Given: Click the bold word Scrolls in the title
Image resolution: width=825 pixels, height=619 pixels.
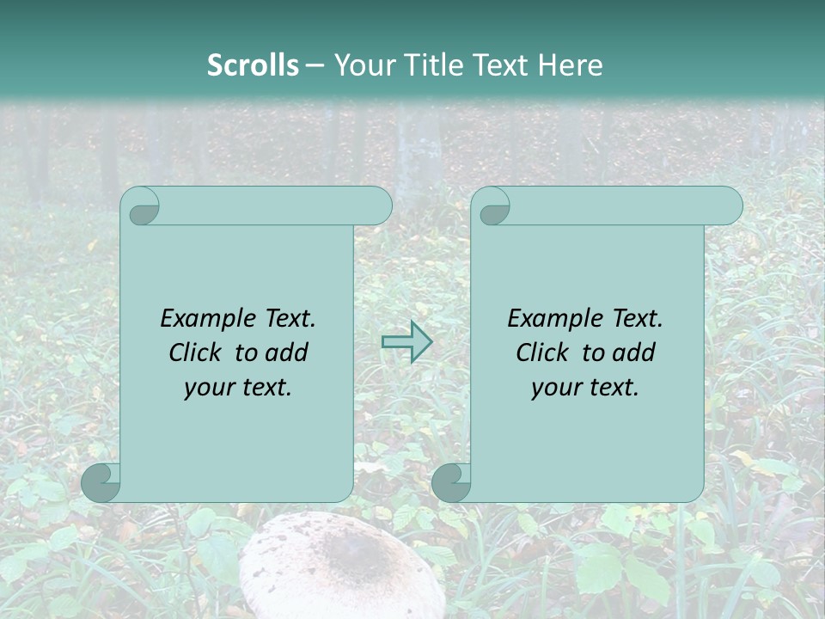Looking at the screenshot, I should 253,65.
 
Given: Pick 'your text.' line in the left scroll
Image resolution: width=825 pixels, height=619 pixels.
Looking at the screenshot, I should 237,387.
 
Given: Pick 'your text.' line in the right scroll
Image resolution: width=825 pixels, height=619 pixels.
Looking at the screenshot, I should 584,387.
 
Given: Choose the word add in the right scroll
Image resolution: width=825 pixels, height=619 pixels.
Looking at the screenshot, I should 634,352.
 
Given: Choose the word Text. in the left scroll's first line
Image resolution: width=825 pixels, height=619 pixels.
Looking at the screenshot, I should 290,318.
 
